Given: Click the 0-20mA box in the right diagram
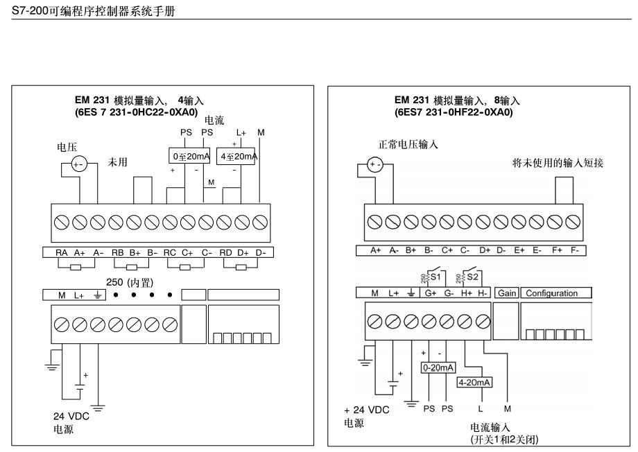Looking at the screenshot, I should tap(438, 368).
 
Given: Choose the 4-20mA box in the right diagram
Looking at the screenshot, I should tap(475, 381).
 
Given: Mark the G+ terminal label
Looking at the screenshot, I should tap(431, 293).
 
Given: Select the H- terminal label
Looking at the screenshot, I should tap(483, 293).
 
